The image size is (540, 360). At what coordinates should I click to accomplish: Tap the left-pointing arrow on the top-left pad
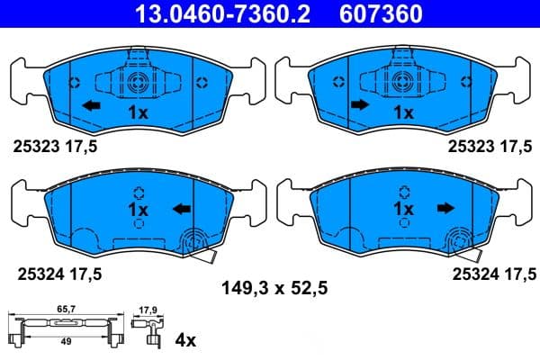(x=90, y=105)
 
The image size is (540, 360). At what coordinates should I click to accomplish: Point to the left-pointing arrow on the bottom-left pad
(x=182, y=209)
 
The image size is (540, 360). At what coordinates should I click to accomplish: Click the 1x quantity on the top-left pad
(x=138, y=113)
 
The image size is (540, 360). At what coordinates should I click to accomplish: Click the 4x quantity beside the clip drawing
(x=184, y=340)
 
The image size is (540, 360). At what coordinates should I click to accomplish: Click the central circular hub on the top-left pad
(x=138, y=83)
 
